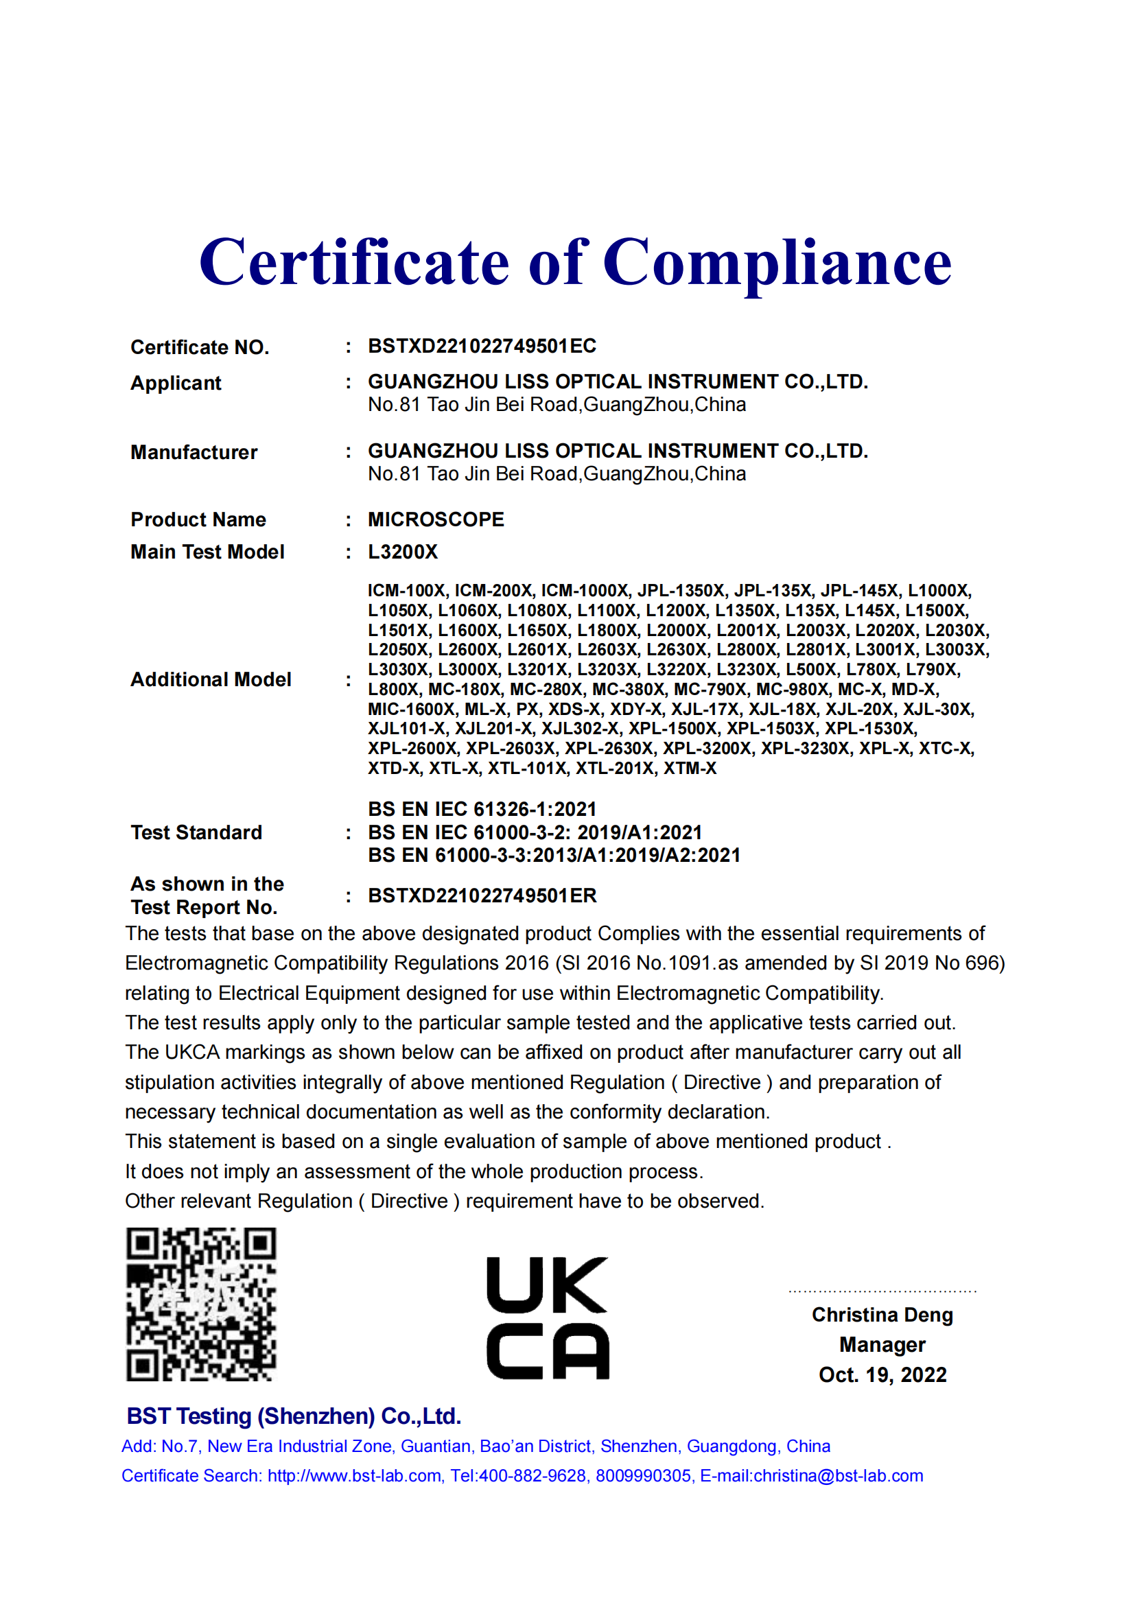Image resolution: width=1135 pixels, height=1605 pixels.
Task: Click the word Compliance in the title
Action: [x=777, y=263]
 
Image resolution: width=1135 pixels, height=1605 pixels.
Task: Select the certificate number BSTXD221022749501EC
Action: [x=482, y=346]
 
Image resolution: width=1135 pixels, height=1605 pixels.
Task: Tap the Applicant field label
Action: [x=176, y=383]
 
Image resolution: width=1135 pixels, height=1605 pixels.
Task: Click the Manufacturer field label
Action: [x=194, y=452]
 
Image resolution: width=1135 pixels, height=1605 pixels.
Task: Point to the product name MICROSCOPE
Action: [x=436, y=519]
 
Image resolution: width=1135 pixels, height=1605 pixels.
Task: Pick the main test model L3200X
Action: [x=403, y=552]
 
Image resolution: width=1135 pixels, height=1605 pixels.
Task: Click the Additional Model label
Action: [x=211, y=679]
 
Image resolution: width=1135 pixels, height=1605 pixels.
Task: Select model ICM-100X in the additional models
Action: [x=406, y=591]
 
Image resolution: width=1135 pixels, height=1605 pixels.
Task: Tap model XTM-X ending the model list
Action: [x=690, y=769]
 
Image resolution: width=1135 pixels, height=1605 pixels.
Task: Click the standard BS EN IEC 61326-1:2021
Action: [x=482, y=809]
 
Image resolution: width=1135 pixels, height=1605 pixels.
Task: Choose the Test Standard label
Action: [x=196, y=832]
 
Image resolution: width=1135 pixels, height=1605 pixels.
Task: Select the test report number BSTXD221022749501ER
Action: [x=482, y=895]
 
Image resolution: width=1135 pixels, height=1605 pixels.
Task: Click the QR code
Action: [x=201, y=1304]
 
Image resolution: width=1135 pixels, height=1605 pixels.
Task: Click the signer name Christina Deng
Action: [x=882, y=1315]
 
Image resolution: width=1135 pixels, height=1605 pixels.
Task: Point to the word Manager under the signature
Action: [x=882, y=1345]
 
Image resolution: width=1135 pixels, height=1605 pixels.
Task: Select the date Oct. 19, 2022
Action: [x=882, y=1375]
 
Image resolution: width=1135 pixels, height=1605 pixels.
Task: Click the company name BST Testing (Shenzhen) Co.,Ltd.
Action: [x=294, y=1416]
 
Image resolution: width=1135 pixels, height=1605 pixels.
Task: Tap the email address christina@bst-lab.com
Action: [x=838, y=1476]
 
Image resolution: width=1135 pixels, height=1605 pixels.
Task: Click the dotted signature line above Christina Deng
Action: [x=882, y=1292]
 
